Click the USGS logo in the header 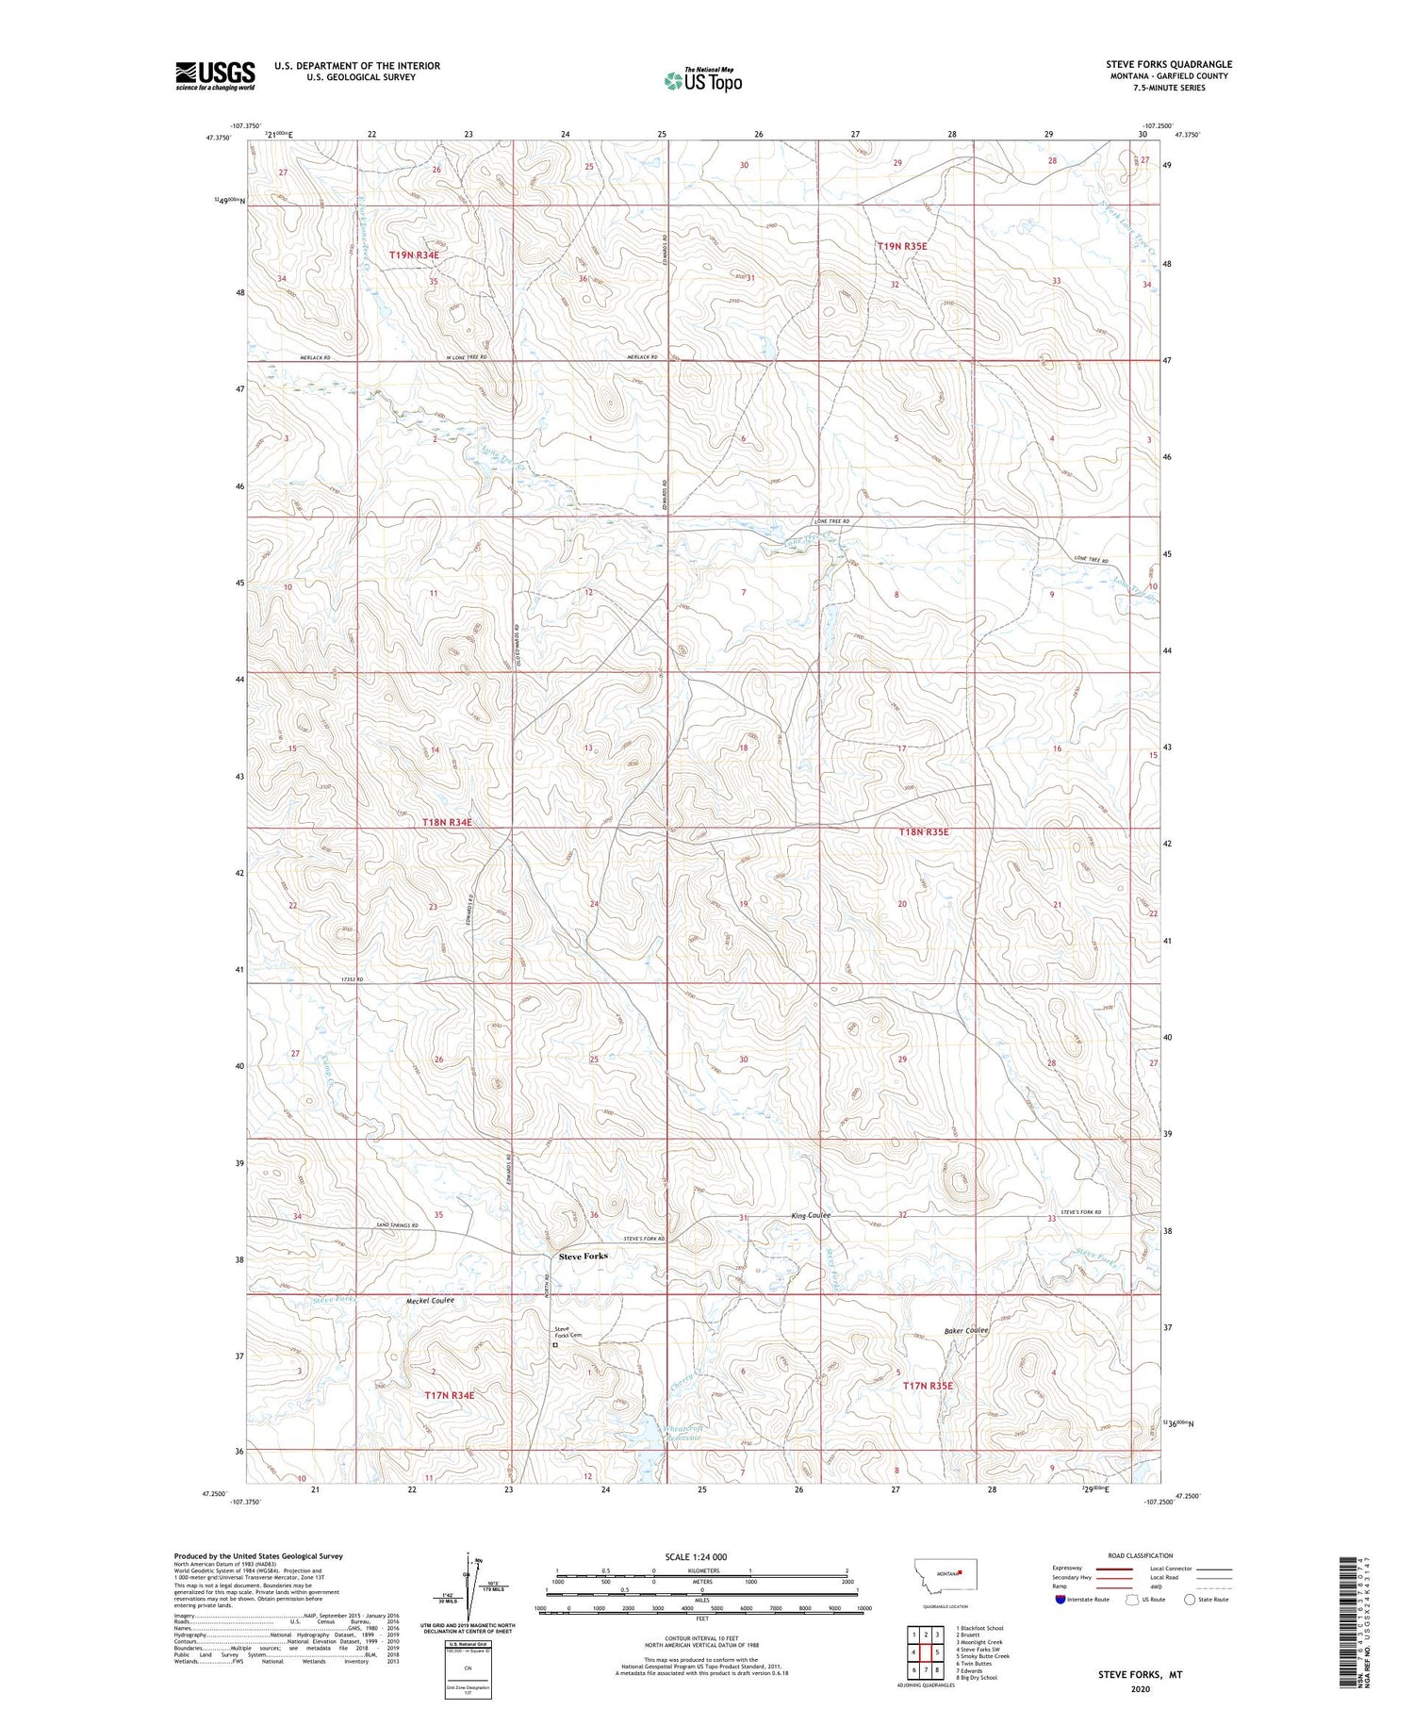click(215, 75)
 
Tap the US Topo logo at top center click(702, 80)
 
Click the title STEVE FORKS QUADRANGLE click(1169, 64)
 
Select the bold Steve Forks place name click(584, 1256)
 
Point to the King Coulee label click(810, 1216)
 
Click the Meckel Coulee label click(430, 1301)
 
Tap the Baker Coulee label click(966, 1330)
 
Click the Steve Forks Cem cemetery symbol click(555, 1345)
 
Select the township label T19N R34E click(415, 255)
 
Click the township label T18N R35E click(924, 832)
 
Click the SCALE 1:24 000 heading click(696, 1556)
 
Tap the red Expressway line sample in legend click(1119, 1569)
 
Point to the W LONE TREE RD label click(466, 357)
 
